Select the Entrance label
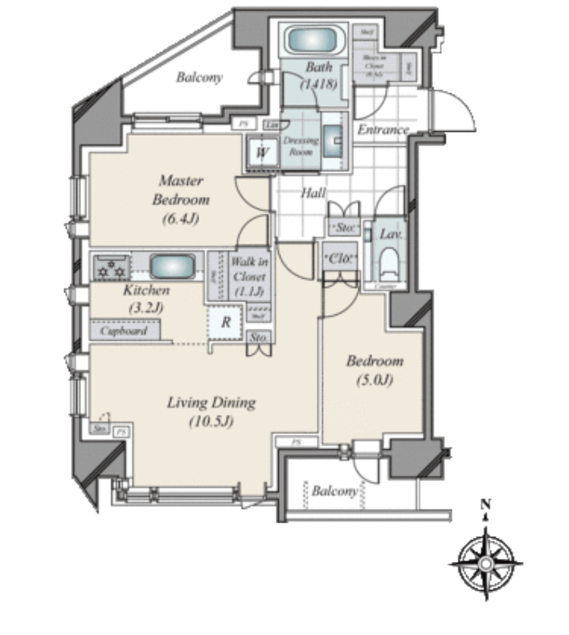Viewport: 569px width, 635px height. pyautogui.click(x=383, y=129)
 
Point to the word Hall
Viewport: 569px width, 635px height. pyautogui.click(x=313, y=193)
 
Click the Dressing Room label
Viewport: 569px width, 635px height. pyautogui.click(x=301, y=145)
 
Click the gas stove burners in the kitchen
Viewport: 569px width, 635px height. pyautogui.click(x=111, y=267)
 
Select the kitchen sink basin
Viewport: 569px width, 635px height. pyautogui.click(x=172, y=266)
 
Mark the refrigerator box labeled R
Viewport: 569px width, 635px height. pyautogui.click(x=227, y=322)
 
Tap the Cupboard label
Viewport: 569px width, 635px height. pyautogui.click(x=124, y=330)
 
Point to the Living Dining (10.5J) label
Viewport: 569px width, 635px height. pyautogui.click(x=211, y=409)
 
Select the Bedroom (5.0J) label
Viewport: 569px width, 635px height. pyautogui.click(x=375, y=370)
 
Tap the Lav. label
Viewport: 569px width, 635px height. pyautogui.click(x=391, y=235)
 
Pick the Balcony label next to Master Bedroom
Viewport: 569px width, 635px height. pyautogui.click(x=199, y=78)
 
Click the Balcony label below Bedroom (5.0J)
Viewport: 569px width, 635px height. pyautogui.click(x=334, y=491)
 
